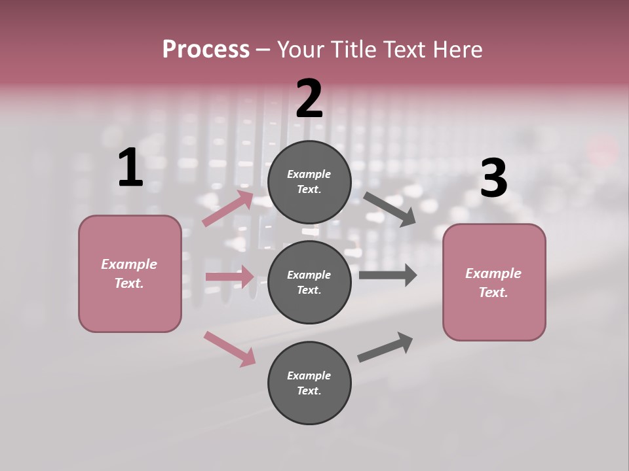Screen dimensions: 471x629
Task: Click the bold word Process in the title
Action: click(206, 50)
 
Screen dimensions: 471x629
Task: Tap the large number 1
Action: click(130, 168)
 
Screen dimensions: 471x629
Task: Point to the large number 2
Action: click(309, 99)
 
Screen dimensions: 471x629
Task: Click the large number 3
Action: click(493, 178)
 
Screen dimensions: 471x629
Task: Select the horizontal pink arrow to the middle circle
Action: click(229, 277)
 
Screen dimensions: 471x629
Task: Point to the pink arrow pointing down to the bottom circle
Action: click(229, 349)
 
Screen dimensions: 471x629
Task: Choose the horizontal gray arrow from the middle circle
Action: click(387, 275)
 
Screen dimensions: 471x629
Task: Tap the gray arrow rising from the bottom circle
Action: click(385, 347)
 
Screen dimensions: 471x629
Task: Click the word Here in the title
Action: click(455, 50)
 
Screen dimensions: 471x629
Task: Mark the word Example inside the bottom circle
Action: click(309, 375)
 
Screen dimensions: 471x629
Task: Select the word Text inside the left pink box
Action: click(129, 283)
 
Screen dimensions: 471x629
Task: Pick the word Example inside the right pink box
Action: click(493, 273)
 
